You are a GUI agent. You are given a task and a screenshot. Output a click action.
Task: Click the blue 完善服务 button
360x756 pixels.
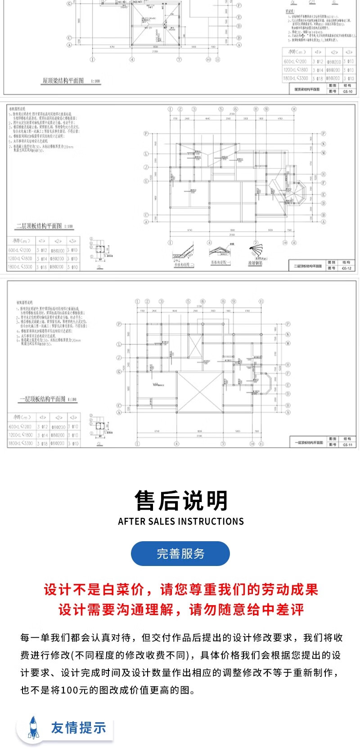pos(180,553)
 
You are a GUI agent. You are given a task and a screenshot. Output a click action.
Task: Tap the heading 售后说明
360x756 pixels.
pos(181,501)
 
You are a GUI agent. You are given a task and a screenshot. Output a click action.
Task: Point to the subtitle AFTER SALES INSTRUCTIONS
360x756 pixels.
pos(181,521)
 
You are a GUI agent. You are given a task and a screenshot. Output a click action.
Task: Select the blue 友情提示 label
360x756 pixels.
pos(78,728)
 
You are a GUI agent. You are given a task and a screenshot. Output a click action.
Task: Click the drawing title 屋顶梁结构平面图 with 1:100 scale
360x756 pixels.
pos(71,81)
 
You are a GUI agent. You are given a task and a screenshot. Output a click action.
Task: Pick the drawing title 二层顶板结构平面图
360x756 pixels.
pos(44,226)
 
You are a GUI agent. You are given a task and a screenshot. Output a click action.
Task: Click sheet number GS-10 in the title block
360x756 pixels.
pos(347,91)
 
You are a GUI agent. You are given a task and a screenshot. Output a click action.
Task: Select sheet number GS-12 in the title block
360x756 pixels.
pos(346,268)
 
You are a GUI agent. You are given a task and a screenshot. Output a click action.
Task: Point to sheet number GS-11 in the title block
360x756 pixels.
pos(347,445)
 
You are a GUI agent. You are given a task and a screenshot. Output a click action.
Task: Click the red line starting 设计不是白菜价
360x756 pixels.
pos(181,589)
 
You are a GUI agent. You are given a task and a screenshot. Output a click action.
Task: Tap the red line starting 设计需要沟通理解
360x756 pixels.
pos(181,610)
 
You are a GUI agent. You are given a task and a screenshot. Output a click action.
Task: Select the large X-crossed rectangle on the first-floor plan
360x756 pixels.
pos(200,392)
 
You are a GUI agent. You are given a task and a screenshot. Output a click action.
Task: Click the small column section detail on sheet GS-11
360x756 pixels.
pos(99,426)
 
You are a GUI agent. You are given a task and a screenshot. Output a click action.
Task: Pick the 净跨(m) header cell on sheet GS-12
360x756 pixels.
pos(21,241)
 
